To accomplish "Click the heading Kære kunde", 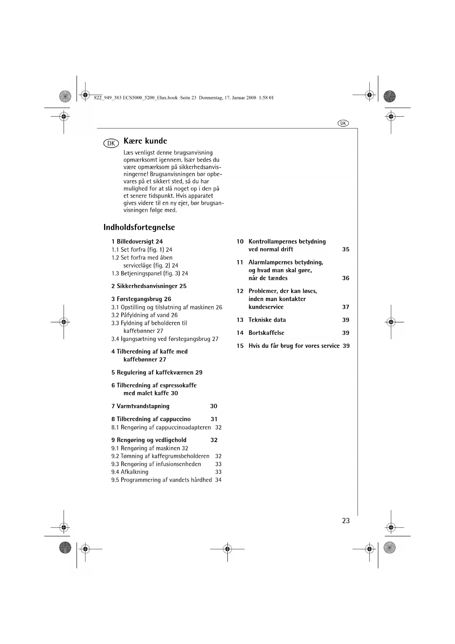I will tap(145, 141).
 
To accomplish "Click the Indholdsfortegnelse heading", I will tap(139, 227).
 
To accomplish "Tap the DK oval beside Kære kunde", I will tap(111, 143).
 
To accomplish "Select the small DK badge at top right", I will tap(343, 123).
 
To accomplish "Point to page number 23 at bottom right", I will tap(346, 521).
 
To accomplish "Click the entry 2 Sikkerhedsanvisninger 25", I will tap(149, 286).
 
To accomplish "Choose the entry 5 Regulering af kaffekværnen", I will tap(157, 372).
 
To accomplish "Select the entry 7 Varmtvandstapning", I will tap(140, 406).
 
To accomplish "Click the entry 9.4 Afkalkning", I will tap(130, 472).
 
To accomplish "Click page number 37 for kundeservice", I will tap(346, 307).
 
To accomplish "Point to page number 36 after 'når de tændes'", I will tap(346, 278).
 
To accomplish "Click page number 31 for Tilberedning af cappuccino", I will tap(214, 419).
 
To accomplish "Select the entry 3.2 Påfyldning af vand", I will tap(144, 315).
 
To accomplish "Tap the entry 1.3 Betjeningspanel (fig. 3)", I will tap(150, 273).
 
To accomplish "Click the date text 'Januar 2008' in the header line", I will tap(245, 98).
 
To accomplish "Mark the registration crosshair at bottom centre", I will tap(227, 549).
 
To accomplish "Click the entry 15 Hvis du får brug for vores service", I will tap(294, 345).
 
